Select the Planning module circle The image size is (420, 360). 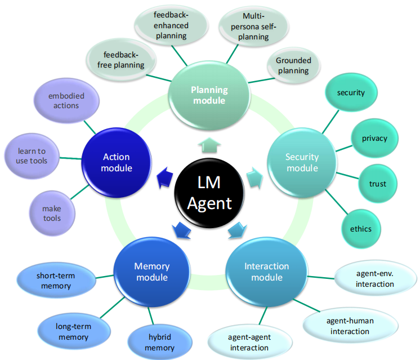click(x=208, y=95)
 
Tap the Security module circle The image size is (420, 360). click(x=301, y=162)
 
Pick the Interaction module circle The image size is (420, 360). click(x=266, y=272)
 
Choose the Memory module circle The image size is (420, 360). click(x=151, y=272)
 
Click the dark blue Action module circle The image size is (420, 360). click(x=117, y=162)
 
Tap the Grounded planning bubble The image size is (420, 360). click(x=293, y=65)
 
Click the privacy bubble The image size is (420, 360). click(x=374, y=138)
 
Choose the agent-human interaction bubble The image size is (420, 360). click(x=350, y=326)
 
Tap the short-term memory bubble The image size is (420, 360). click(x=55, y=281)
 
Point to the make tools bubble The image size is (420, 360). click(x=51, y=213)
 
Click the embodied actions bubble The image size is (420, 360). click(x=67, y=101)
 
